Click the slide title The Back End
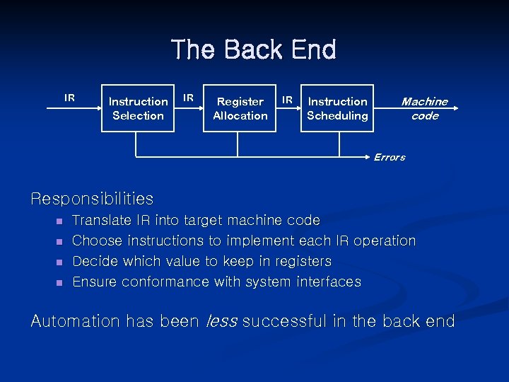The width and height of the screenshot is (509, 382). coord(254,50)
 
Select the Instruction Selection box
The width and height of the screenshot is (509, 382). coord(138,108)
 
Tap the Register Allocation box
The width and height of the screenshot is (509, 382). coord(240,108)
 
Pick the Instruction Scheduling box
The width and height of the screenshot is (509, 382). coord(337,108)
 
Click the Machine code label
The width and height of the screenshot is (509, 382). coord(424,108)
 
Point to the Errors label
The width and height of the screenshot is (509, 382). coord(389,157)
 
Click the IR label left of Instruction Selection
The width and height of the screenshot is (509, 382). coord(69,98)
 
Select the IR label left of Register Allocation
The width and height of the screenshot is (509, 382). coord(188,98)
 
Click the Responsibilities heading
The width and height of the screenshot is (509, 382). coord(92,199)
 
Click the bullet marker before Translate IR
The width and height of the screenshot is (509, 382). coord(60,221)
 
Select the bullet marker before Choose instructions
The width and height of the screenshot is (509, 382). coord(60,242)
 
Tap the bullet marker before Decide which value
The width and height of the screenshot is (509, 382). coord(60,262)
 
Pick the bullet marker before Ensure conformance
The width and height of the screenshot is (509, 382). coord(60,283)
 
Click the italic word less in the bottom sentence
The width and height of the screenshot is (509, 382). coord(221,321)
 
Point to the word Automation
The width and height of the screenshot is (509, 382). coord(76,321)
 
